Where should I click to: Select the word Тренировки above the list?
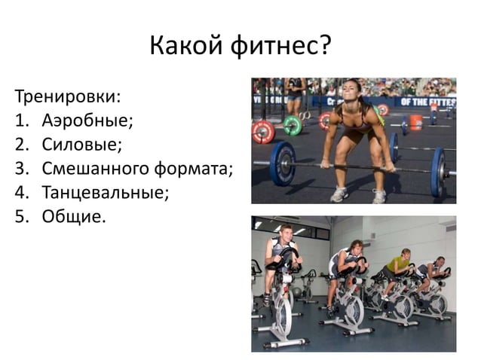pos(66,98)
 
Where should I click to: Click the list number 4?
pos(21,193)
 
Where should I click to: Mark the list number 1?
pos(21,122)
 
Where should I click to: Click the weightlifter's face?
pos(352,93)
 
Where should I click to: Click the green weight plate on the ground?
pos(293,125)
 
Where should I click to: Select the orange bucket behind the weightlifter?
pos(415,122)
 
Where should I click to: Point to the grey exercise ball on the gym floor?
pos(298,292)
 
